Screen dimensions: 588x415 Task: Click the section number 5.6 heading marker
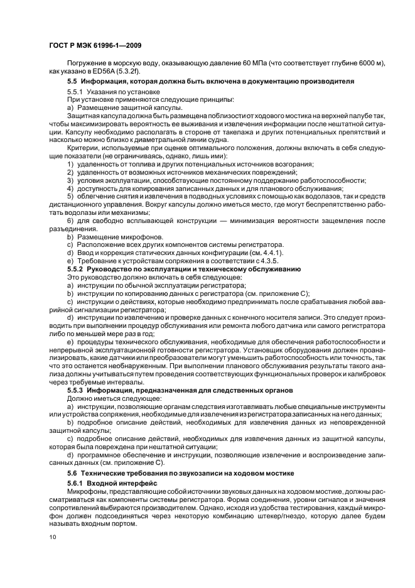72,472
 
